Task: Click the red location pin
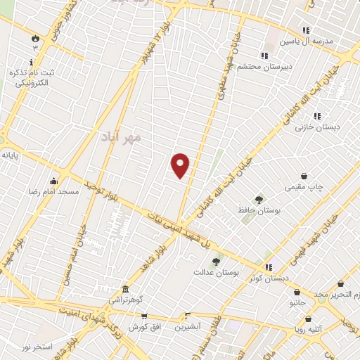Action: coord(181,165)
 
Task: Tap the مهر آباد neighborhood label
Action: coord(121,136)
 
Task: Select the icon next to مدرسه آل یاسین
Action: coord(305,30)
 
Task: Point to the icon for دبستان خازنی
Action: coord(317,116)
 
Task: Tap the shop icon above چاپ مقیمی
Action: coord(304,176)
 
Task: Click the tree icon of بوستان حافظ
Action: coord(259,200)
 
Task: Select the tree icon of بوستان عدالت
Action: coord(216,262)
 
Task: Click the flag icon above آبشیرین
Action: coord(188,316)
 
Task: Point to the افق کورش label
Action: coord(145,327)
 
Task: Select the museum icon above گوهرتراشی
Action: coord(125,290)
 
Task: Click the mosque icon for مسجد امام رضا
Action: coord(53,181)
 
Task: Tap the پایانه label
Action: coord(9,154)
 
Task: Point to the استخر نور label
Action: coord(37,347)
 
